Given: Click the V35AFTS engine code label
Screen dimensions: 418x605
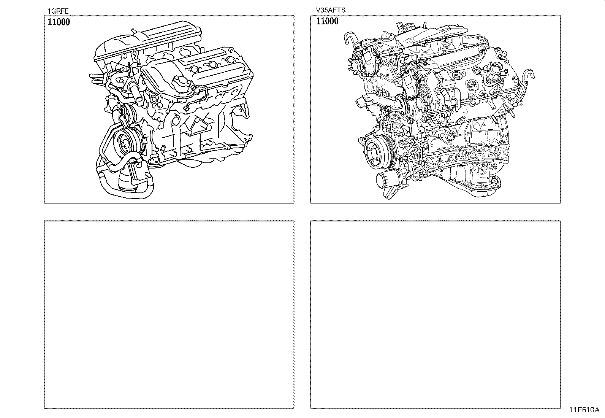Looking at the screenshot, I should click(x=331, y=10).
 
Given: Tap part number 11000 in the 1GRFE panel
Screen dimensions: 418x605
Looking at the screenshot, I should click(x=59, y=22).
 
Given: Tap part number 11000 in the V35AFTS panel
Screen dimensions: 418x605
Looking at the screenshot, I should click(x=327, y=21).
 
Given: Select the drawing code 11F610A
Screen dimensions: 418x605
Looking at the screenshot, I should click(x=584, y=410).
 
